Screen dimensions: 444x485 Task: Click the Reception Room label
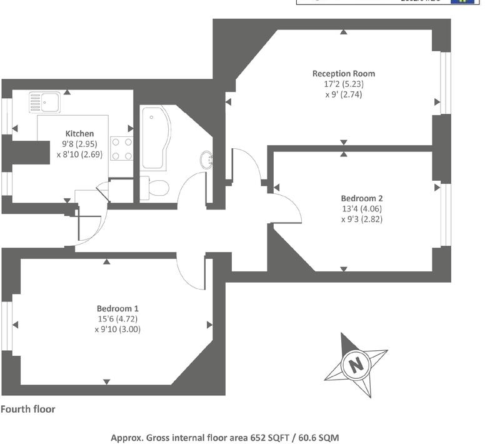[x=344, y=74]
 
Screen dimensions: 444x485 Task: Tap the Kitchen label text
[x=80, y=133]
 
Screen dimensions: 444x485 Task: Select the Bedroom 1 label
[x=117, y=308]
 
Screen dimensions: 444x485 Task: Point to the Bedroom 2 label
[x=362, y=198]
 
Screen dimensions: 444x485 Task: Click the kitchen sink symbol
[x=44, y=101]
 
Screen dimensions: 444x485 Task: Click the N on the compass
[x=356, y=365]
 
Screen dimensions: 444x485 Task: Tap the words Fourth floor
[x=28, y=410]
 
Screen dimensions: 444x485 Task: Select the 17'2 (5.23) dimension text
[x=344, y=84]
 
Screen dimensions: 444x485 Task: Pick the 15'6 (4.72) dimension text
[x=117, y=319]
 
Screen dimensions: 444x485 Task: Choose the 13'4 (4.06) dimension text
[x=362, y=209]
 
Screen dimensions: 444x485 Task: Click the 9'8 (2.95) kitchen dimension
[x=79, y=144]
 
